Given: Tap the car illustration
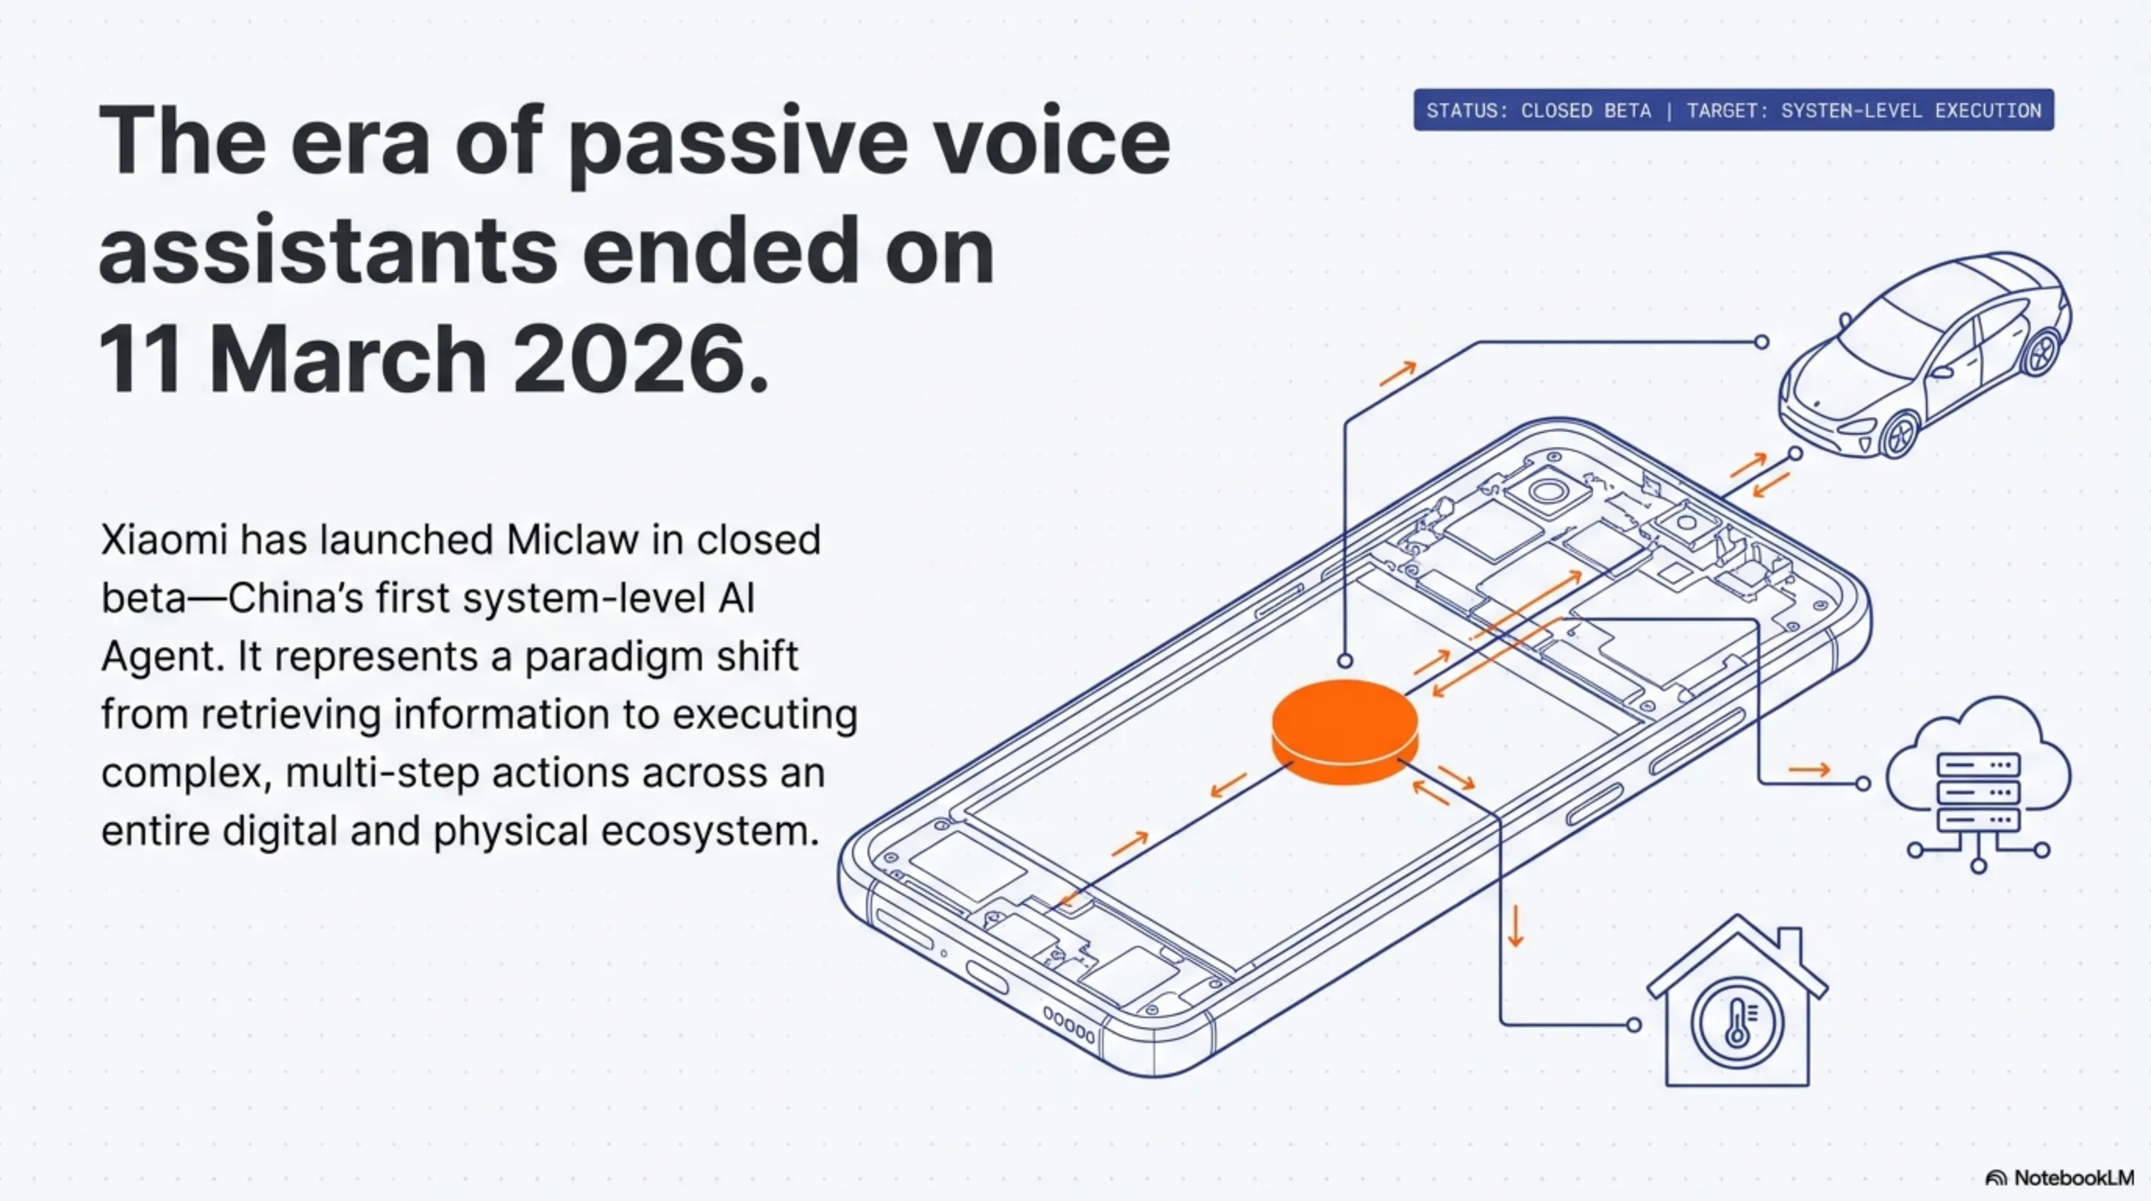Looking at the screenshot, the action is pyautogui.click(x=1924, y=356).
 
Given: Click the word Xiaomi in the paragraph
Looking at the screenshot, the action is pyautogui.click(x=163, y=540).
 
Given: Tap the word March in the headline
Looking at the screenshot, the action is pyautogui.click(x=347, y=358).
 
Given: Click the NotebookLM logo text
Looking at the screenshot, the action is pyautogui.click(x=2074, y=1178).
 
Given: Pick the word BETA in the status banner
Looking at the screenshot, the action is pyautogui.click(x=1627, y=110).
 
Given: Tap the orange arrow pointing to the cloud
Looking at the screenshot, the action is pyautogui.click(x=1809, y=769).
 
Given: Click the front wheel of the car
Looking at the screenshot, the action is pyautogui.click(x=1899, y=433).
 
